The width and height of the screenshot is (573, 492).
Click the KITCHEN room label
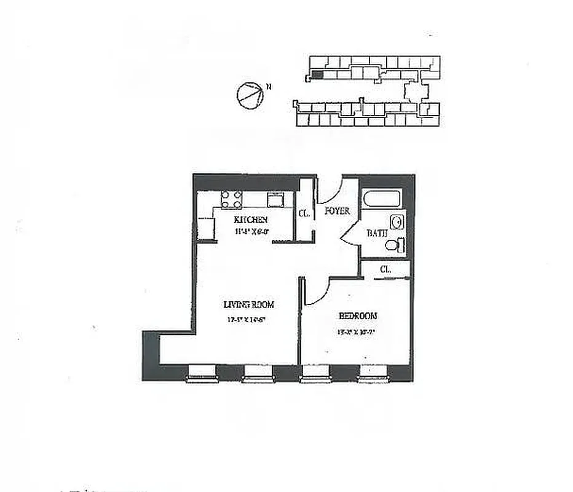[250, 220]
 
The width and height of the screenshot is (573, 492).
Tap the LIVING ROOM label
[248, 304]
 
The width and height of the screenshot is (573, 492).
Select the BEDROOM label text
[358, 316]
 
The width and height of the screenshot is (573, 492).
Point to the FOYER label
[338, 211]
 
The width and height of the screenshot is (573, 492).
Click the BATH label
[376, 234]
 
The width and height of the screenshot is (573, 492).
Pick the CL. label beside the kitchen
[303, 214]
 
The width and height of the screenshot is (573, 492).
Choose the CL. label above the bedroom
[385, 269]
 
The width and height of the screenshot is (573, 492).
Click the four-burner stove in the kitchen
[232, 199]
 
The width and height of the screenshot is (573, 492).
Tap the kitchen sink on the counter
[275, 200]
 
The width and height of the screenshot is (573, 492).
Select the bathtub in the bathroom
[382, 199]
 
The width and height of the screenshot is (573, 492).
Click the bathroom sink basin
[397, 223]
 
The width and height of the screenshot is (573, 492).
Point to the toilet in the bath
[394, 245]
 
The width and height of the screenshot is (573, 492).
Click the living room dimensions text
[248, 319]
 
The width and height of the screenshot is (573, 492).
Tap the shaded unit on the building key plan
[317, 74]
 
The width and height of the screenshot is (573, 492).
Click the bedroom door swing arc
[315, 291]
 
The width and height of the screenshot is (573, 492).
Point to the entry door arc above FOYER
[331, 192]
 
